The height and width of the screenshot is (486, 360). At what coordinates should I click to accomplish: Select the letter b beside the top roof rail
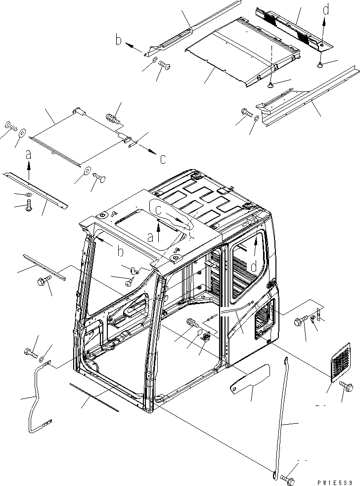click(119, 40)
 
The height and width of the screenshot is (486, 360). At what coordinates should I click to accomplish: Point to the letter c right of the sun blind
click(163, 158)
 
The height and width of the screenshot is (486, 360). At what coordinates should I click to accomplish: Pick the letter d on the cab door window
click(253, 267)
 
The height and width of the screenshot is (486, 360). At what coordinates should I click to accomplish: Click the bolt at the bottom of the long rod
click(286, 479)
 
